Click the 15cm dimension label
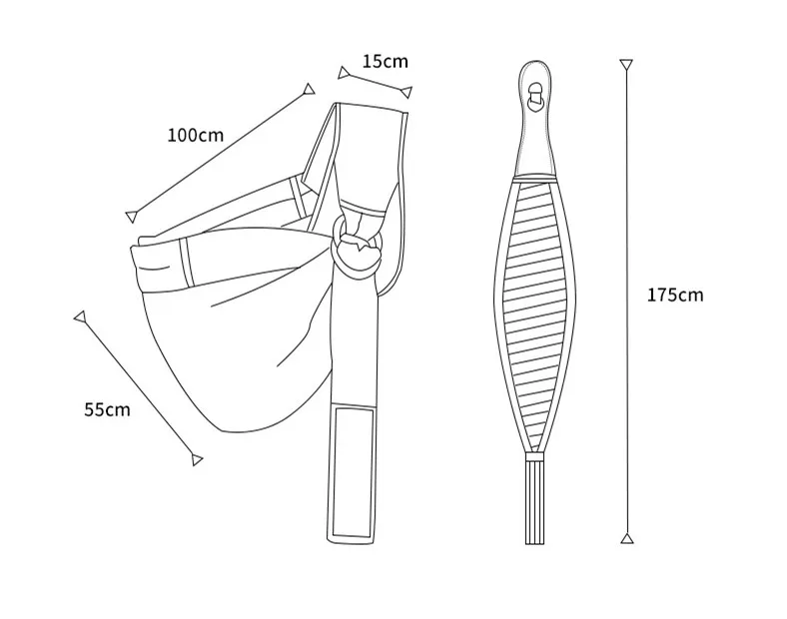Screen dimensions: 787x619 385,61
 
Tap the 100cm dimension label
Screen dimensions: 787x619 195,136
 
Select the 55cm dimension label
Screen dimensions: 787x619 107,409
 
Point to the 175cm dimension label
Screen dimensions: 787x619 675,295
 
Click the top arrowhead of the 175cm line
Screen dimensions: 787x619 626,65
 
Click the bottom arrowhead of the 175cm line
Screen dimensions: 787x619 627,538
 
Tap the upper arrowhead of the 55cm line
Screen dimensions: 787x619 80,317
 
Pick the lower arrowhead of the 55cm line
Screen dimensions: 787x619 197,459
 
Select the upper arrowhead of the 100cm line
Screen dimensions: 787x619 309,89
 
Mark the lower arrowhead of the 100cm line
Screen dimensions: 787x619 132,217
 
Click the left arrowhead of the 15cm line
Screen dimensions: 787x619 344,73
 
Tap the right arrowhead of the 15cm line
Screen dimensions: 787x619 406,92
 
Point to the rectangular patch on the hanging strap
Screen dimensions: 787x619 354,472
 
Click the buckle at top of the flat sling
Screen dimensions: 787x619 535,95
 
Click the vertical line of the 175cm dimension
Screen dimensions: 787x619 626,302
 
